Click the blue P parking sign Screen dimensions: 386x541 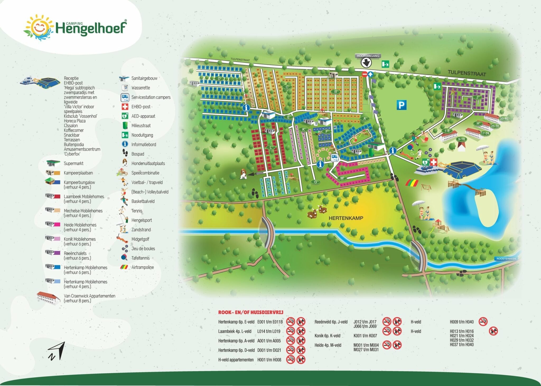401,105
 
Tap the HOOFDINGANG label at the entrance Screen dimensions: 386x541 368,56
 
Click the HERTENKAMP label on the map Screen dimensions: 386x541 346,218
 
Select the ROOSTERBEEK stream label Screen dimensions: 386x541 506,259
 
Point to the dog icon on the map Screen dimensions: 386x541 243,174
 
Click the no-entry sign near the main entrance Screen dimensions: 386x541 365,74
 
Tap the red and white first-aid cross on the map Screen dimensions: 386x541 433,162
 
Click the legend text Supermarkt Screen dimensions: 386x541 73,163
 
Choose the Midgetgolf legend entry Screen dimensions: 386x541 140,239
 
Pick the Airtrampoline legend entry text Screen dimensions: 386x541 143,267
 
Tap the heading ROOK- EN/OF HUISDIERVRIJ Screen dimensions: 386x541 250,312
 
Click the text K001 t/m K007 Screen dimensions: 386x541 365,336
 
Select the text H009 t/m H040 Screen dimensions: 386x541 461,322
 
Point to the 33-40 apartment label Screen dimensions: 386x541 503,119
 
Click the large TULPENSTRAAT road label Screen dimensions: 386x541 467,73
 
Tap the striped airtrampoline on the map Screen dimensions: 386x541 412,183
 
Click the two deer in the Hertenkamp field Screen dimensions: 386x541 317,211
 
